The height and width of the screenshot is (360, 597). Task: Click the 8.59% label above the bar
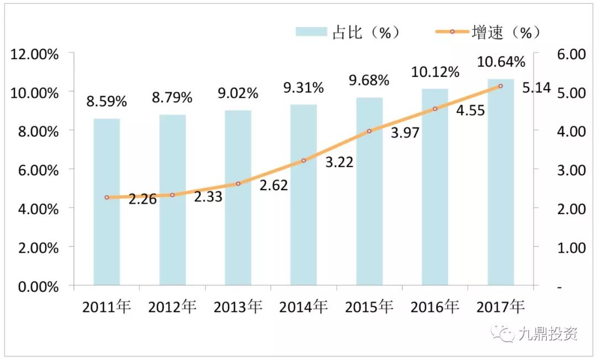click(107, 102)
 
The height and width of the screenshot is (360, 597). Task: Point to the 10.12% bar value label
click(435, 72)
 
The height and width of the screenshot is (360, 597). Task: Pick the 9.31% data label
click(303, 87)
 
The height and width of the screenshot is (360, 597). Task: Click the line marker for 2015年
click(369, 131)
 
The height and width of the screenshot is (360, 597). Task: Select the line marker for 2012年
click(172, 195)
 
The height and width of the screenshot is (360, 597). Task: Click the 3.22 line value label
click(339, 163)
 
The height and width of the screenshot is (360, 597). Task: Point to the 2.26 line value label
click(143, 199)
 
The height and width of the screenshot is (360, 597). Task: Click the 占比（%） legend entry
click(348, 32)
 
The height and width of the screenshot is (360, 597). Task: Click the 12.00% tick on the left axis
click(34, 54)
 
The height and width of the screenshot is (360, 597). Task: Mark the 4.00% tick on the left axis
click(34, 209)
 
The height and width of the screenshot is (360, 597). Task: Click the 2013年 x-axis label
click(238, 306)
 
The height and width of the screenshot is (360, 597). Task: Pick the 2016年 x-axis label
click(435, 306)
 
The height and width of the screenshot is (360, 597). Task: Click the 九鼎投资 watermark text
click(548, 334)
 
